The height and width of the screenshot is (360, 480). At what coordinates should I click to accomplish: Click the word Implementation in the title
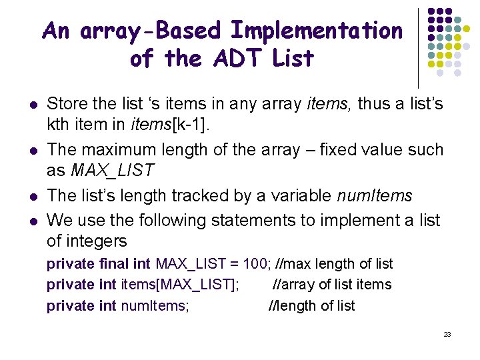pos(317,31)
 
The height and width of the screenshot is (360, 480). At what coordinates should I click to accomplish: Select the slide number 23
pos(447,334)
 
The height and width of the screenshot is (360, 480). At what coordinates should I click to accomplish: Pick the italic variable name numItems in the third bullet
pos(375,195)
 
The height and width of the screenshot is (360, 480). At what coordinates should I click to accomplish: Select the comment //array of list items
pos(333,285)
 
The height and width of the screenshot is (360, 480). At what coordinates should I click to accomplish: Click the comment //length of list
pos(311,306)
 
